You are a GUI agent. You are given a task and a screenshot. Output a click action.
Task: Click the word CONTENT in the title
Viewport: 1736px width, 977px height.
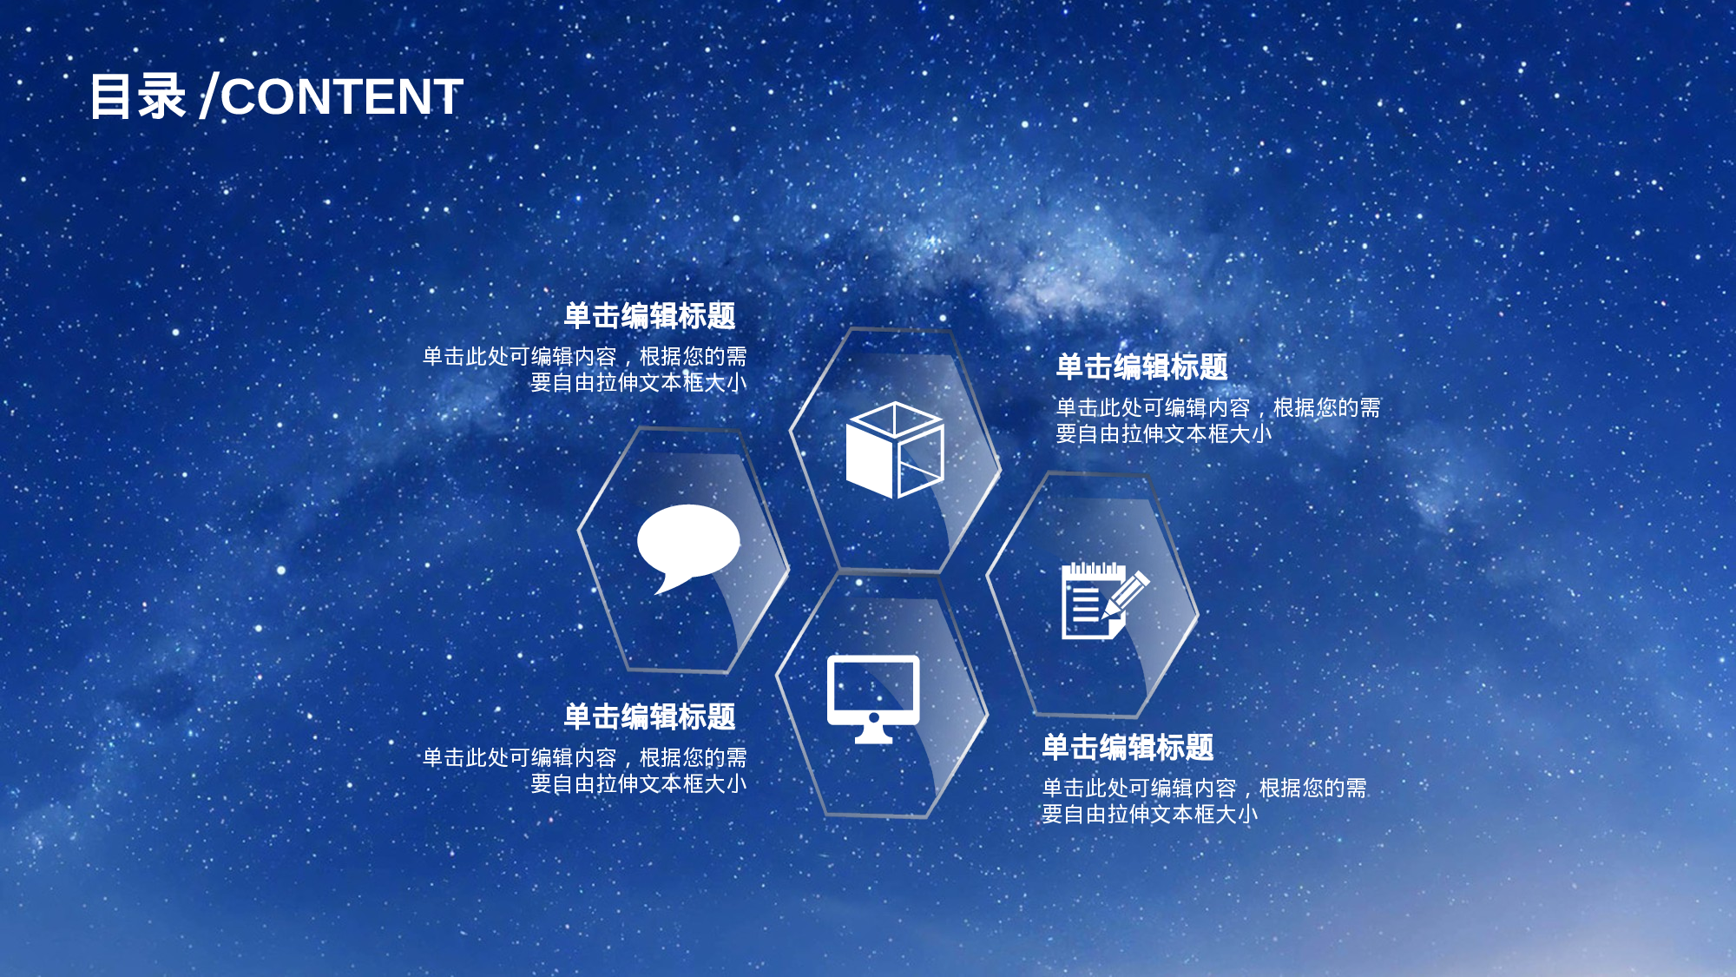coord(342,96)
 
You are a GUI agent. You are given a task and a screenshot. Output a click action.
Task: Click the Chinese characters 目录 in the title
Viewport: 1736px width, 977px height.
coord(137,96)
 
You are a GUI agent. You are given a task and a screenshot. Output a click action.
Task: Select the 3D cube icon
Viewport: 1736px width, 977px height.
coord(895,450)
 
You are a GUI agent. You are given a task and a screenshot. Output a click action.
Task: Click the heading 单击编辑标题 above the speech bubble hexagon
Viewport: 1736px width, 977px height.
coord(649,316)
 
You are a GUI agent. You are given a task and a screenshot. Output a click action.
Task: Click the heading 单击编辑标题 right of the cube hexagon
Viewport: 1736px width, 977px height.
coord(1141,367)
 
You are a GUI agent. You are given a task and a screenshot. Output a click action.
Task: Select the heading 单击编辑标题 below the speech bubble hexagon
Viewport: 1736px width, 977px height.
coord(649,717)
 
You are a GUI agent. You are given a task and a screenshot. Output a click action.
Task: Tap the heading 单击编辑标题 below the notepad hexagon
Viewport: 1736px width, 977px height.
coord(1128,748)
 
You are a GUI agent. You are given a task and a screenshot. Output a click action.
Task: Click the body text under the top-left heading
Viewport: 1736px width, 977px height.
coord(585,370)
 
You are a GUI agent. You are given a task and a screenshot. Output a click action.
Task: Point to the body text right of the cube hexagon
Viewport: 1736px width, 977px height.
coord(1217,420)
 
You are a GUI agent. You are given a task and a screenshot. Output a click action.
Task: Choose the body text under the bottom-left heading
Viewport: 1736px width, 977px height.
coord(585,770)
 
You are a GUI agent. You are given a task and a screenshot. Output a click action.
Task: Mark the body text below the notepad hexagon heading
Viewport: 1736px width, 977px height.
coord(1203,801)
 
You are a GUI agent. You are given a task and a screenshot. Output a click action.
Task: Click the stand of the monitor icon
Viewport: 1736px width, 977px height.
coord(873,733)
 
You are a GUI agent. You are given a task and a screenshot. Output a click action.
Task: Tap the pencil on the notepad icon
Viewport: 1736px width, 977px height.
coord(1128,594)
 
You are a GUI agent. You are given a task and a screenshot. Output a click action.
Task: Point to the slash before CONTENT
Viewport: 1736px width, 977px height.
coord(207,96)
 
